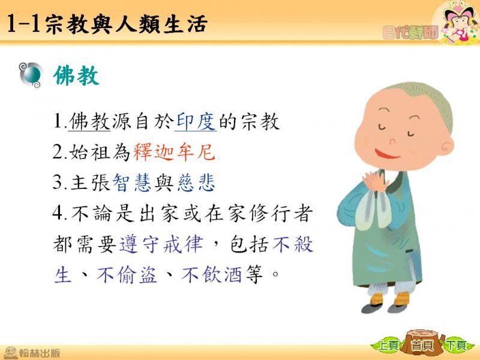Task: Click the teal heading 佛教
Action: (76, 76)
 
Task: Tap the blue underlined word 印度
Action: (196, 122)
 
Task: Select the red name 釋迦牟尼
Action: (174, 152)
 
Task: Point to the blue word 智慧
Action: (132, 182)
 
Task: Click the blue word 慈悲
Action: (196, 182)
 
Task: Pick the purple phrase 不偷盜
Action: (127, 274)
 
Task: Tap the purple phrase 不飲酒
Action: (212, 274)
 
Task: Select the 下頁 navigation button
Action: (456, 346)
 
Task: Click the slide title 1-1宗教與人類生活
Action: (106, 24)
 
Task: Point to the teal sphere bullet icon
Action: (31, 75)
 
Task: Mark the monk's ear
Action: (447, 147)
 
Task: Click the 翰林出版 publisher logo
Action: (32, 352)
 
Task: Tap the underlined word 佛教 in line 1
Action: (89, 122)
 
